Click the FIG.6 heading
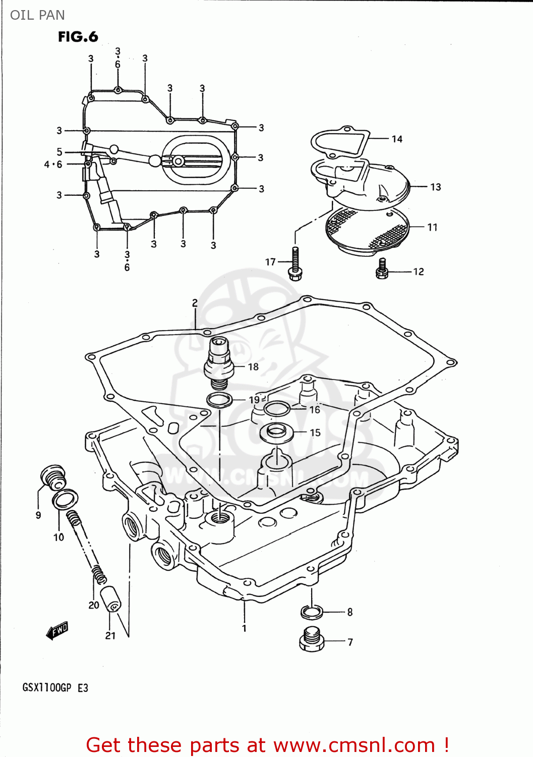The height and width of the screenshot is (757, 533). (x=78, y=37)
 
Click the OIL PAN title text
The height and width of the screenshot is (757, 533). (x=37, y=15)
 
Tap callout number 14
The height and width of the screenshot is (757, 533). (x=397, y=139)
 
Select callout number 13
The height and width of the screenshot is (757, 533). (x=435, y=187)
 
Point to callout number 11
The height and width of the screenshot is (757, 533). (x=432, y=228)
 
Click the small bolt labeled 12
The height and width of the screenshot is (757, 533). (x=382, y=269)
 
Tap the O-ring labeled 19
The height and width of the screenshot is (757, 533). (x=219, y=401)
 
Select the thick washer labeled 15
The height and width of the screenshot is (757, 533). (x=276, y=432)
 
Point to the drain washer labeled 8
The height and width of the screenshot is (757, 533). (x=312, y=612)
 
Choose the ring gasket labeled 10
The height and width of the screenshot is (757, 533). (x=65, y=500)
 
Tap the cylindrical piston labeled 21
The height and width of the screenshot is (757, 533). (x=110, y=599)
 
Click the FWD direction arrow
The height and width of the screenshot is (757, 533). (x=57, y=631)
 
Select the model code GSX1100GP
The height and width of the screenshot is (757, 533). (x=46, y=688)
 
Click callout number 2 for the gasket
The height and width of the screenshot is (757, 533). (x=195, y=303)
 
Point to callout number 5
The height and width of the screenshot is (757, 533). (x=60, y=152)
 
